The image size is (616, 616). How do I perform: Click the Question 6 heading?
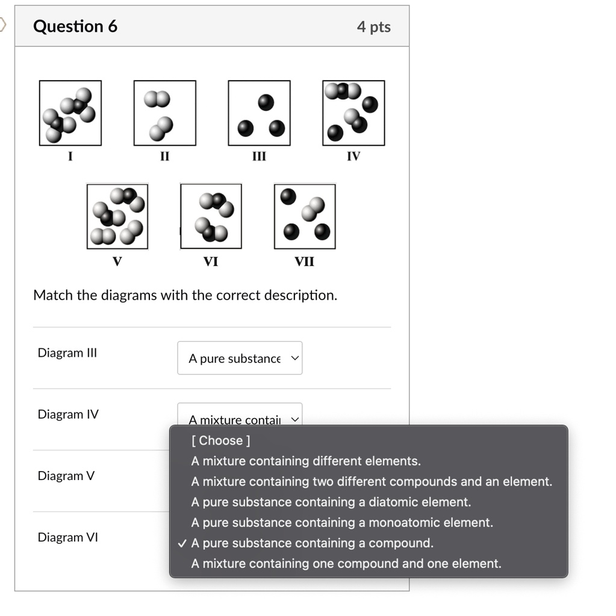pos(75,26)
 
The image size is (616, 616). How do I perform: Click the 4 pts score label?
pos(373,27)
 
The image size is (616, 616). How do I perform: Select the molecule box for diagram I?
pos(70,113)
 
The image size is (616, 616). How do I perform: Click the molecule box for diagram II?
pos(164,113)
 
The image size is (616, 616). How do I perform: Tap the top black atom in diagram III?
pos(266,102)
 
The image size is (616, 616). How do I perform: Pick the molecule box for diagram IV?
pos(353,113)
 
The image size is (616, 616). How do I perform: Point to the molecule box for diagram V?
pos(117,217)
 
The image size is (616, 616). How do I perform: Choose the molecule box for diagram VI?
pos(211,217)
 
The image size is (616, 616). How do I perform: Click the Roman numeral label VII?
pos(304,262)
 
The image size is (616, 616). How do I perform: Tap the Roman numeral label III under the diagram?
pos(259,156)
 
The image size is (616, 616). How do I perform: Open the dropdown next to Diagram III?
pos(240,358)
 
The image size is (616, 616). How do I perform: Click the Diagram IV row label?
pos(68,414)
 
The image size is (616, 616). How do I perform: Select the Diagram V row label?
pos(66,476)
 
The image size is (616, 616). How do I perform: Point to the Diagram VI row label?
pos(67,537)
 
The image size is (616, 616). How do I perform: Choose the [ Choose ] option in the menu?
pos(220,440)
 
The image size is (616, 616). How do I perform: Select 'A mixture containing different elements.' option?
pos(306,461)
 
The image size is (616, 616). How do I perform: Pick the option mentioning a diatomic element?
pos(331,502)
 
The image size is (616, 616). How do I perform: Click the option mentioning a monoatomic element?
pos(341,523)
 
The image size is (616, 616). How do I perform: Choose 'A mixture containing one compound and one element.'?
pos(346,564)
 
